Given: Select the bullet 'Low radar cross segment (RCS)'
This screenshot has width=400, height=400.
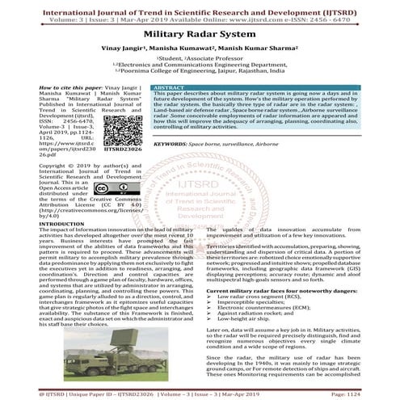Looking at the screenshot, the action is [262, 297].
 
